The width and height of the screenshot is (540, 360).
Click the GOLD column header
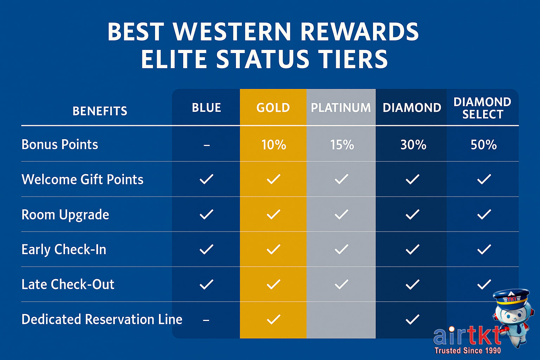click(x=273, y=108)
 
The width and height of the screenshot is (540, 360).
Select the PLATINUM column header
click(x=341, y=108)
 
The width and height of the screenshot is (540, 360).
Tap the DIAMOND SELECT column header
click(x=482, y=108)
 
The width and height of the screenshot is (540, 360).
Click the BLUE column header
click(x=206, y=108)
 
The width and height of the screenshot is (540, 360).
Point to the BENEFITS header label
click(x=100, y=111)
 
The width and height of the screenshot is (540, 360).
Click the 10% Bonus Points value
click(x=274, y=145)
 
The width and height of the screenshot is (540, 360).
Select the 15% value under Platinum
click(x=342, y=145)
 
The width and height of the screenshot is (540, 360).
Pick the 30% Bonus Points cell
click(x=413, y=145)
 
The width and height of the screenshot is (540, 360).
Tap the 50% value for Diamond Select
click(x=483, y=145)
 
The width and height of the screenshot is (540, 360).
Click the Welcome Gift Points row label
click(x=82, y=180)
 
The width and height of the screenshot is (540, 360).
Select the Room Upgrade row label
click(x=65, y=215)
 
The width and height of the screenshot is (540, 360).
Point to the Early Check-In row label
click(x=64, y=250)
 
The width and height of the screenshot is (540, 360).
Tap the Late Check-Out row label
click(x=68, y=284)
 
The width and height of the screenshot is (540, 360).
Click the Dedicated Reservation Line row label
click(x=102, y=320)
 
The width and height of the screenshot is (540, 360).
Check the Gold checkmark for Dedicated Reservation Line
click(x=274, y=319)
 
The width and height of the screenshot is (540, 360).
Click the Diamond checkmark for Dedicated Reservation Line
click(x=412, y=319)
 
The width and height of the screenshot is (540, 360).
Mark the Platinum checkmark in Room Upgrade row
click(x=341, y=214)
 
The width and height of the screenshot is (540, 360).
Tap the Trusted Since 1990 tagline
click(x=467, y=351)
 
